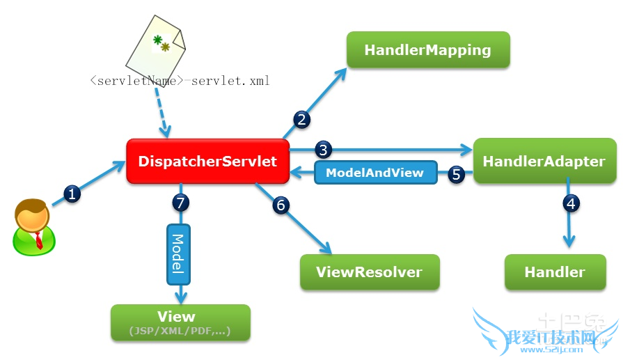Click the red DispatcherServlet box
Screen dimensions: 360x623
pos(207,162)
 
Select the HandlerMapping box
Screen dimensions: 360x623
pos(427,50)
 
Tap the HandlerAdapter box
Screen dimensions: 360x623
pos(544,161)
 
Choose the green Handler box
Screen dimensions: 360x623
pos(554,272)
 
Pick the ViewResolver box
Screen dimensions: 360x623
pos(369,272)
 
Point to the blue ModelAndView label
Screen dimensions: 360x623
pos(374,173)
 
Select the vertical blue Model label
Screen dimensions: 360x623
pos(178,253)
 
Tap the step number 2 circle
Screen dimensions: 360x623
pos(301,119)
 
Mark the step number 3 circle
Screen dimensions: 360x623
pos(323,149)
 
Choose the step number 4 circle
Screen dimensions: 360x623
pos(570,205)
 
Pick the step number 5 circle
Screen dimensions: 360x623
pos(457,174)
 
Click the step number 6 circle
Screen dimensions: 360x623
pos(281,205)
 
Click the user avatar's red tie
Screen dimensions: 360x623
pos(38,240)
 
